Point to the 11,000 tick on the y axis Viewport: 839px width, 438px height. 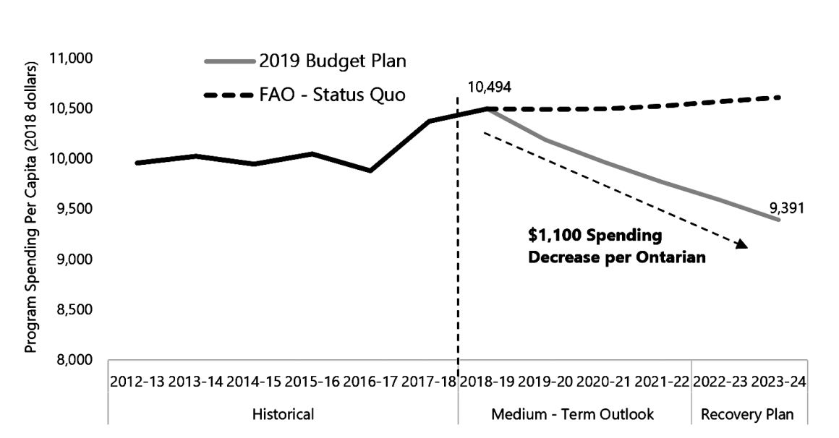click(x=72, y=58)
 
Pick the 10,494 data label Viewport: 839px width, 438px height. click(x=490, y=87)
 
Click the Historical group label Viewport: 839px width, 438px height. click(x=283, y=415)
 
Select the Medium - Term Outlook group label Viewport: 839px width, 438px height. click(x=572, y=415)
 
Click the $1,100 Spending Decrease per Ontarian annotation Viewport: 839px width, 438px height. click(x=614, y=246)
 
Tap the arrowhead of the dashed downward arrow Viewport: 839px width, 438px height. click(x=741, y=246)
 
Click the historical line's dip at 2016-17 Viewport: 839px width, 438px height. click(x=370, y=171)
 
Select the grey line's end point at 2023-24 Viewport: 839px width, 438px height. click(x=779, y=219)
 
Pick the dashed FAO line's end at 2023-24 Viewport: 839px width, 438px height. click(x=779, y=97)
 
